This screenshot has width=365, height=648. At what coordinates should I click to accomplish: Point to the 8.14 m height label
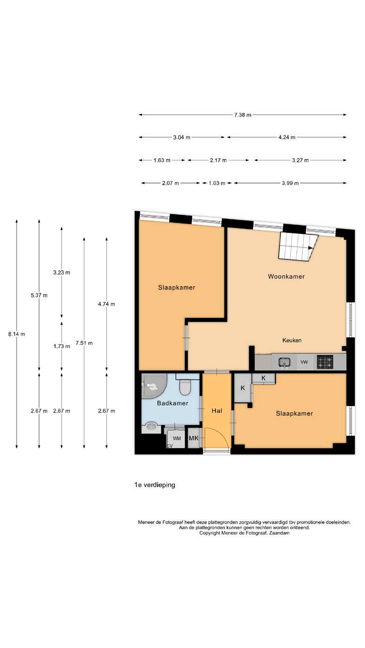[17, 334]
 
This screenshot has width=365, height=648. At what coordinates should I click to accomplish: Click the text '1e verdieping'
[154, 485]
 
